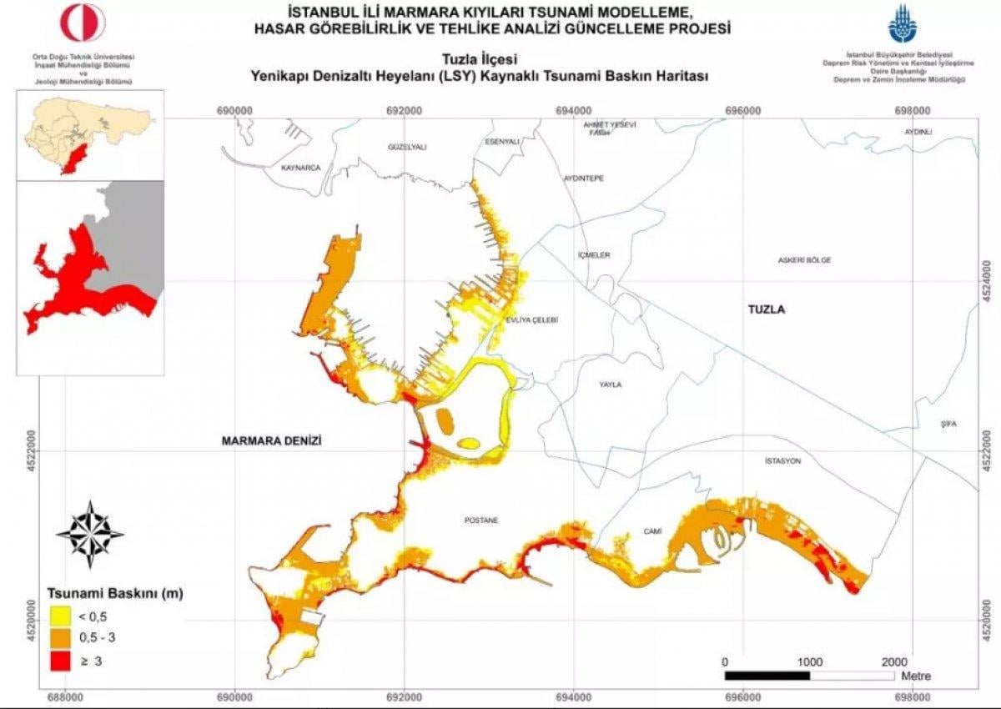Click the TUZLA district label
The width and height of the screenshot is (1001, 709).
[x=767, y=309]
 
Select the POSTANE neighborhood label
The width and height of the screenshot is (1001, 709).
[x=480, y=520]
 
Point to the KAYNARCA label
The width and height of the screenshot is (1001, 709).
[x=301, y=168]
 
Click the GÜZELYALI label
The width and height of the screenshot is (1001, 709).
[x=407, y=147]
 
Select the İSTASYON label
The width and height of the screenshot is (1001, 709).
[x=782, y=460]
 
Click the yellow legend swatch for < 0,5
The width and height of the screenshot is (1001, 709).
[x=59, y=617]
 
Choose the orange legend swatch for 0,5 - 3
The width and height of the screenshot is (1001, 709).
[x=59, y=639]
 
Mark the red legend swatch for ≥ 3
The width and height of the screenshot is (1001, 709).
[x=59, y=661]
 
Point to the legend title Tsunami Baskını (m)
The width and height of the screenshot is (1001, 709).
[x=114, y=594]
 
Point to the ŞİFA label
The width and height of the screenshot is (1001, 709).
[x=948, y=424]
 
